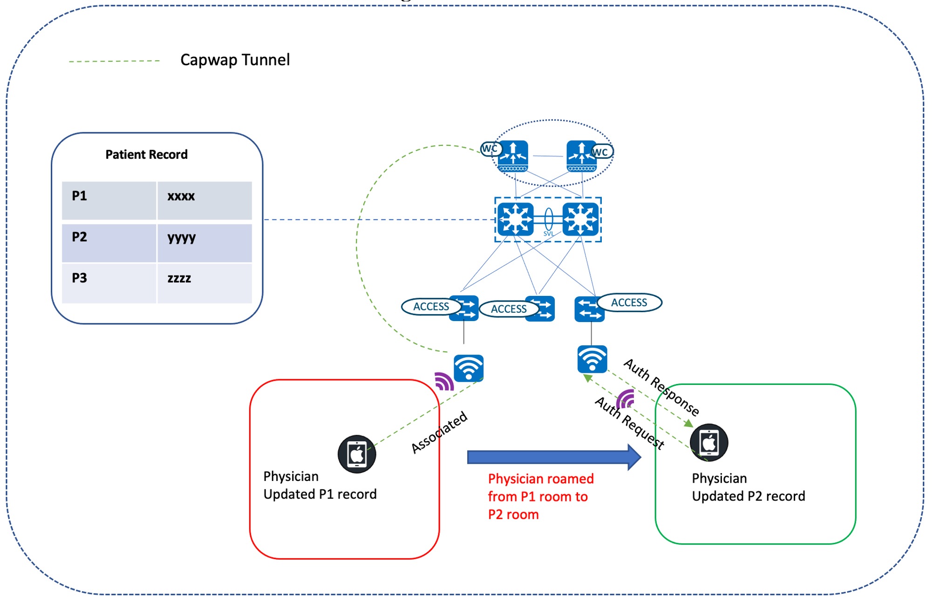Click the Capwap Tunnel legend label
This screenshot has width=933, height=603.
click(x=235, y=60)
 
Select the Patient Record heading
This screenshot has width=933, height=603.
click(x=146, y=154)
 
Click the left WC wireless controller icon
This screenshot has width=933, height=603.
click(x=512, y=156)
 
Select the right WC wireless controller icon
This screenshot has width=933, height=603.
click(x=581, y=156)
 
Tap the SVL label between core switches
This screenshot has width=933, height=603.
click(x=548, y=233)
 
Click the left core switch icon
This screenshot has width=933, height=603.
click(x=515, y=219)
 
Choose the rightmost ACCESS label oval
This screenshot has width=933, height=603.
click(x=629, y=302)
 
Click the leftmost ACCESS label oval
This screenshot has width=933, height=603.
click(x=431, y=307)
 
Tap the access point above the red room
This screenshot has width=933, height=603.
click(x=469, y=368)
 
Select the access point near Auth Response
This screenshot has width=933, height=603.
click(x=592, y=359)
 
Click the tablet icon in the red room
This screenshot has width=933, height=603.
click(x=357, y=454)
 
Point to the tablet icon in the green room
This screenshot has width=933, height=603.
click(x=709, y=442)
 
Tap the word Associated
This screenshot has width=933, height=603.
click(x=439, y=432)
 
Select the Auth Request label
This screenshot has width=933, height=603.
click(x=630, y=423)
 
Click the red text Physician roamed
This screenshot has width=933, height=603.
click(x=540, y=479)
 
